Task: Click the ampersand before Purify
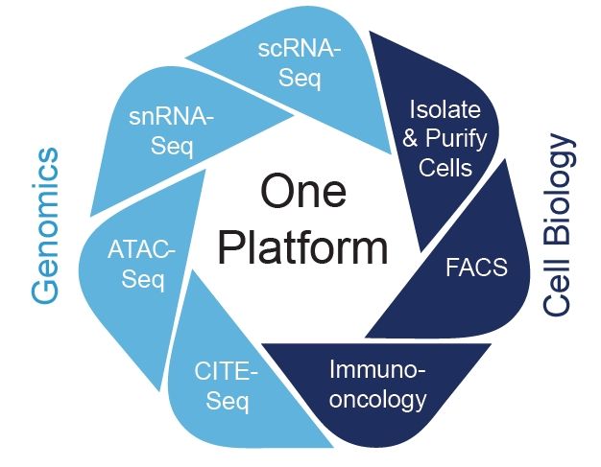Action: [x=408, y=137]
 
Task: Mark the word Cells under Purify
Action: [x=449, y=168]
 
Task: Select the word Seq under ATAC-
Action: [x=142, y=281]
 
